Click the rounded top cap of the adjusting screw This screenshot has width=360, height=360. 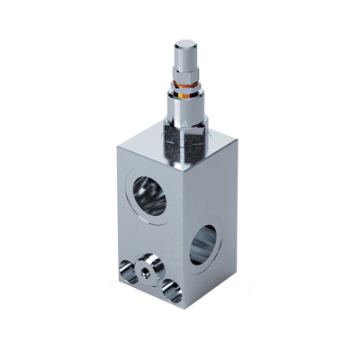point(186,47)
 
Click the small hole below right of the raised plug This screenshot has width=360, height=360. point(170,291)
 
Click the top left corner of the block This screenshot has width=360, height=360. point(117,148)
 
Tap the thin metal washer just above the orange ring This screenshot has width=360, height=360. point(186,84)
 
